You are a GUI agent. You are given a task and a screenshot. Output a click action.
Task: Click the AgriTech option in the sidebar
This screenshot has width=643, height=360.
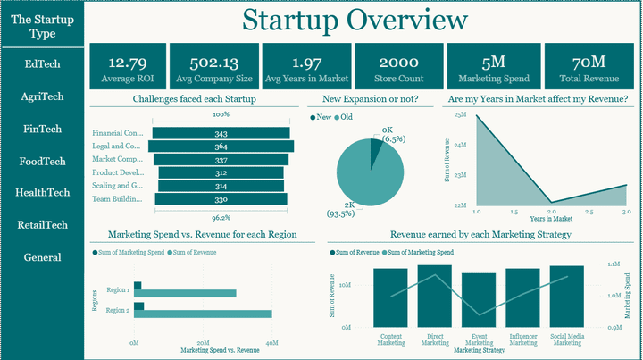[x=43, y=96]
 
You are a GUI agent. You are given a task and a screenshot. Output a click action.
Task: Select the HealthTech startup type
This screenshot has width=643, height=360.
[x=43, y=192]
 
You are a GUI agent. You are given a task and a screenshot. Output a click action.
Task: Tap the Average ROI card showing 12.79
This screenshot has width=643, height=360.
[x=128, y=70]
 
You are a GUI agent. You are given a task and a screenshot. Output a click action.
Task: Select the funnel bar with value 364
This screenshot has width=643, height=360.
[x=221, y=147]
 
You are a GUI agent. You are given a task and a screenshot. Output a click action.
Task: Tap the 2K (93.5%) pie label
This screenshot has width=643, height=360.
[x=342, y=208]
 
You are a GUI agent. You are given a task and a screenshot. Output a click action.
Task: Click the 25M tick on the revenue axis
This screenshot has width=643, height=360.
[x=461, y=115]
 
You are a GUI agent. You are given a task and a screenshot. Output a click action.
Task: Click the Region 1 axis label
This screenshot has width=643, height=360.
[x=117, y=290]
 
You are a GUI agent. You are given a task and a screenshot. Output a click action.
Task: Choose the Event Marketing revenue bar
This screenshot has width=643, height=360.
[x=479, y=300]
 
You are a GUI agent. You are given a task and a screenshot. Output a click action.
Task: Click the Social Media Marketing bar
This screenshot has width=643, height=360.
[x=566, y=297]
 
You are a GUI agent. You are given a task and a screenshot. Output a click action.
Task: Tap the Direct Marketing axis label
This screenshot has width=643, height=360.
[x=435, y=339]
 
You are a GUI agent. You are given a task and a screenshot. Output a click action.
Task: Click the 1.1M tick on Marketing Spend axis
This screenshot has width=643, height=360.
[x=614, y=265]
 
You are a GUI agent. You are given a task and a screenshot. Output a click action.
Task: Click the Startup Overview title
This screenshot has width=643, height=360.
[x=355, y=20]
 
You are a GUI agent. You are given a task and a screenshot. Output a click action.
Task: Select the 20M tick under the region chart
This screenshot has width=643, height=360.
[x=203, y=342]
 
